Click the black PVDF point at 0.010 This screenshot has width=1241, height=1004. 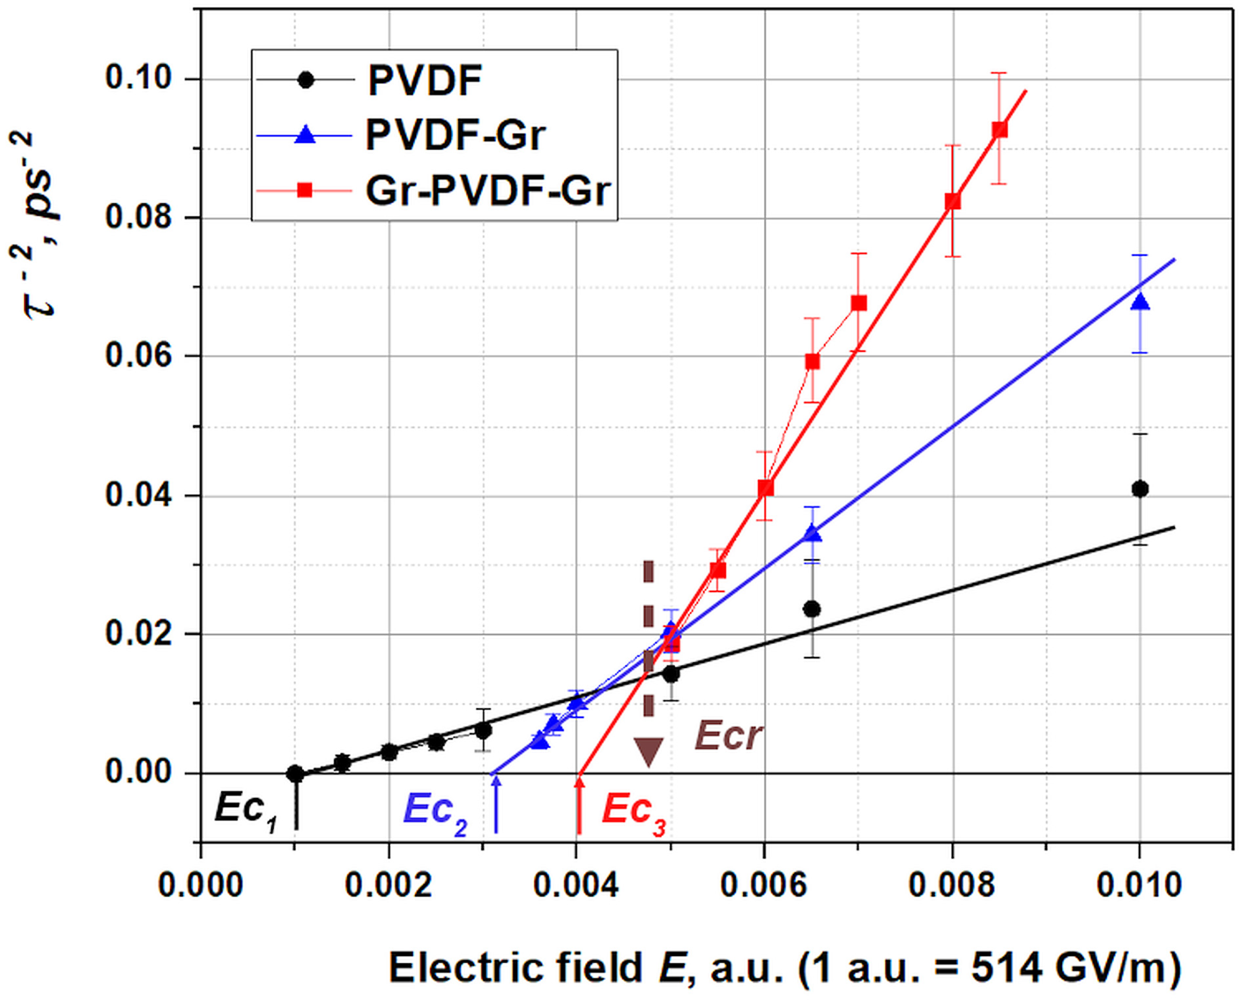[1140, 489]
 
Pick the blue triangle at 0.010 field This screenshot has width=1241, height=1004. [1140, 302]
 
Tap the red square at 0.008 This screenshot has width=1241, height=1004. [952, 201]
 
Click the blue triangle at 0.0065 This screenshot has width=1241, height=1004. [813, 533]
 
